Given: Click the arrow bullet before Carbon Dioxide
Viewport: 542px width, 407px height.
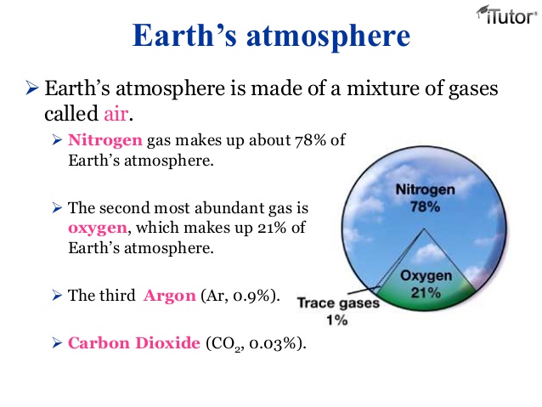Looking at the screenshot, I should coord(57,343).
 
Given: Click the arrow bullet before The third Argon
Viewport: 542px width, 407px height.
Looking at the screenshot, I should coord(57,296).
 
